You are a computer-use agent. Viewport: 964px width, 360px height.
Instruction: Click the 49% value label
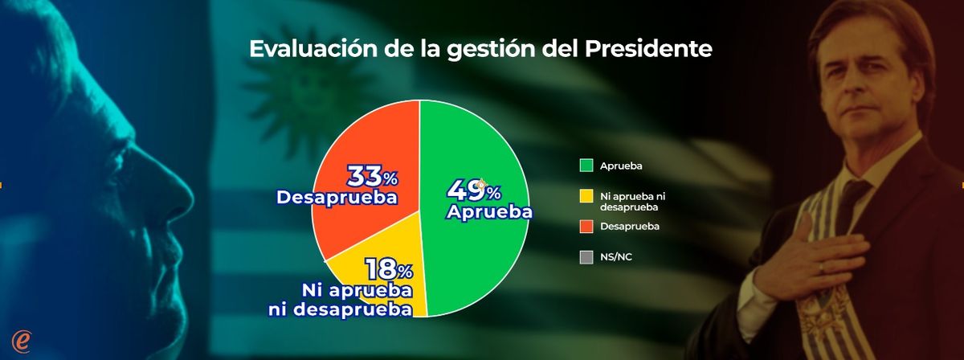(x=474, y=191)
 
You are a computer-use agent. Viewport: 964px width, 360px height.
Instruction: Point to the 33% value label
(x=372, y=176)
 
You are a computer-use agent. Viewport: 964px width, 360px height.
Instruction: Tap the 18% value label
(x=389, y=268)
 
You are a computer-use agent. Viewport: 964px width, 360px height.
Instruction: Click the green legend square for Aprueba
(x=586, y=166)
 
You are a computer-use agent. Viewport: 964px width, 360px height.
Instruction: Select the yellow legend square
(x=586, y=195)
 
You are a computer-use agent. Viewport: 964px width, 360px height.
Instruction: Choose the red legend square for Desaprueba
(x=586, y=227)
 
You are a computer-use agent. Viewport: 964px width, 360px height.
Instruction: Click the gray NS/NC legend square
(x=586, y=258)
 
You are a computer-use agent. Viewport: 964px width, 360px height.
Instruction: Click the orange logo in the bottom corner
(x=22, y=341)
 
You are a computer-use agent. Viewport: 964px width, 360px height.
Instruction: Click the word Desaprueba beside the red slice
(x=337, y=196)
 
